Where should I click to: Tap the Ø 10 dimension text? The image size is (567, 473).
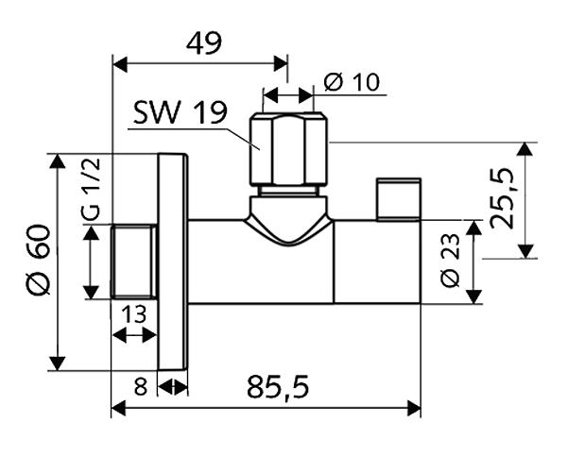click(x=351, y=82)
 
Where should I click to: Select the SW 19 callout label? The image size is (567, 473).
click(x=180, y=113)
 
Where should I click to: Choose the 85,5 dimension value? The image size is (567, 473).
click(x=278, y=386)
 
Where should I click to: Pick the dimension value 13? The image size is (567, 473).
click(x=133, y=313)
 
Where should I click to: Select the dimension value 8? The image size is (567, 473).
click(x=141, y=386)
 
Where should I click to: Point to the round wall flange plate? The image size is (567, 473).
click(x=172, y=261)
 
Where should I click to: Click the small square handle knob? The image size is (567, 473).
click(x=397, y=197)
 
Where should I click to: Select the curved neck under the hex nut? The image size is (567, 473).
click(x=289, y=224)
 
